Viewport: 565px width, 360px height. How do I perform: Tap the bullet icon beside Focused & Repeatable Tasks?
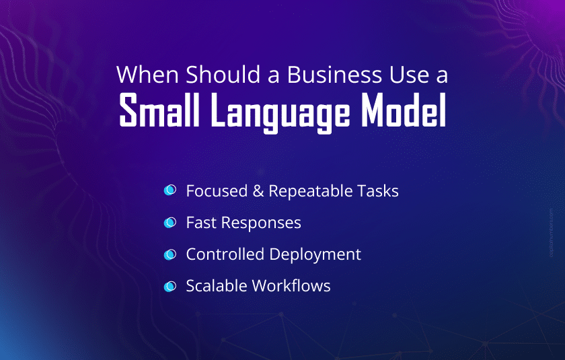point(170,190)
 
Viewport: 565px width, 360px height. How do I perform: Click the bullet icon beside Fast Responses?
point(170,222)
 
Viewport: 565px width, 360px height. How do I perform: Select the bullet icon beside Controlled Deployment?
point(170,254)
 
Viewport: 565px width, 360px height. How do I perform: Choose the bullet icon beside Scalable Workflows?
point(170,286)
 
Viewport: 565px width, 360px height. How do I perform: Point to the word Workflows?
point(291,286)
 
